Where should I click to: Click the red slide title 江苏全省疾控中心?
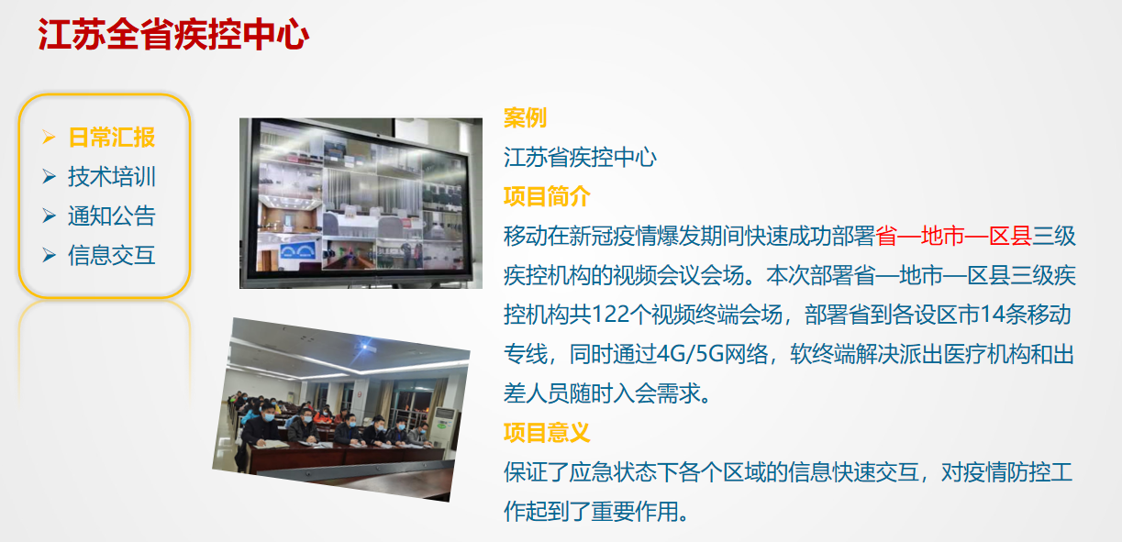(173, 34)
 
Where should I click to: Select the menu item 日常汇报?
(112, 138)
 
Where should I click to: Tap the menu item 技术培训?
(112, 176)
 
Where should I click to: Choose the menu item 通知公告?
(112, 216)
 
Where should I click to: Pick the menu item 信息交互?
(112, 255)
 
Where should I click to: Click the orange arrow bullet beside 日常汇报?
(49, 137)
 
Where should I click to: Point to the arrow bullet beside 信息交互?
(49, 255)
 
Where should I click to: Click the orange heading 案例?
(525, 117)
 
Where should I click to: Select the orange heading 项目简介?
(547, 196)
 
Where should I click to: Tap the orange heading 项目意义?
(547, 432)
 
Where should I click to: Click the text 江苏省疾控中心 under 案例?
(580, 157)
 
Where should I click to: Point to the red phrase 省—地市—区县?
(954, 236)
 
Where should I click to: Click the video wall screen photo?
(361, 204)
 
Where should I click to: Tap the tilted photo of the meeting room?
(341, 410)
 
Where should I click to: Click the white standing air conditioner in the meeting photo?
(443, 426)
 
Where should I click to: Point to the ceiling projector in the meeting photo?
(364, 347)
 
